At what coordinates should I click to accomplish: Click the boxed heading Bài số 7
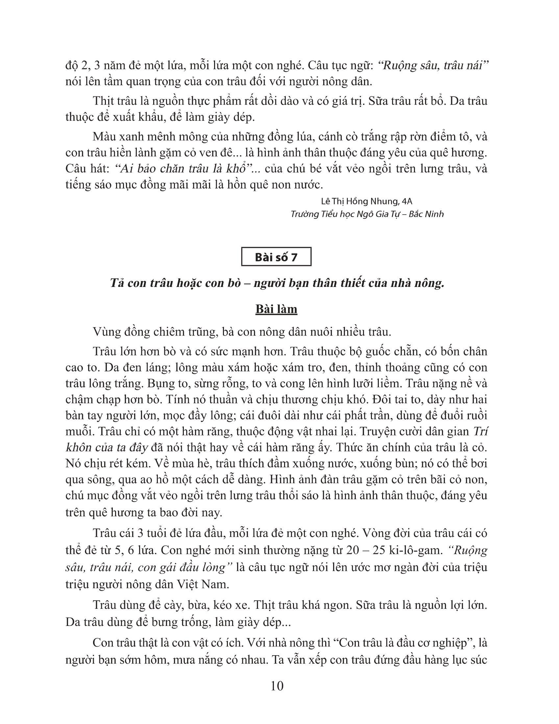click(276, 257)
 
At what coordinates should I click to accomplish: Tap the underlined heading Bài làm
click(276, 309)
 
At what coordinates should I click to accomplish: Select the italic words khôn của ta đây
click(106, 448)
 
